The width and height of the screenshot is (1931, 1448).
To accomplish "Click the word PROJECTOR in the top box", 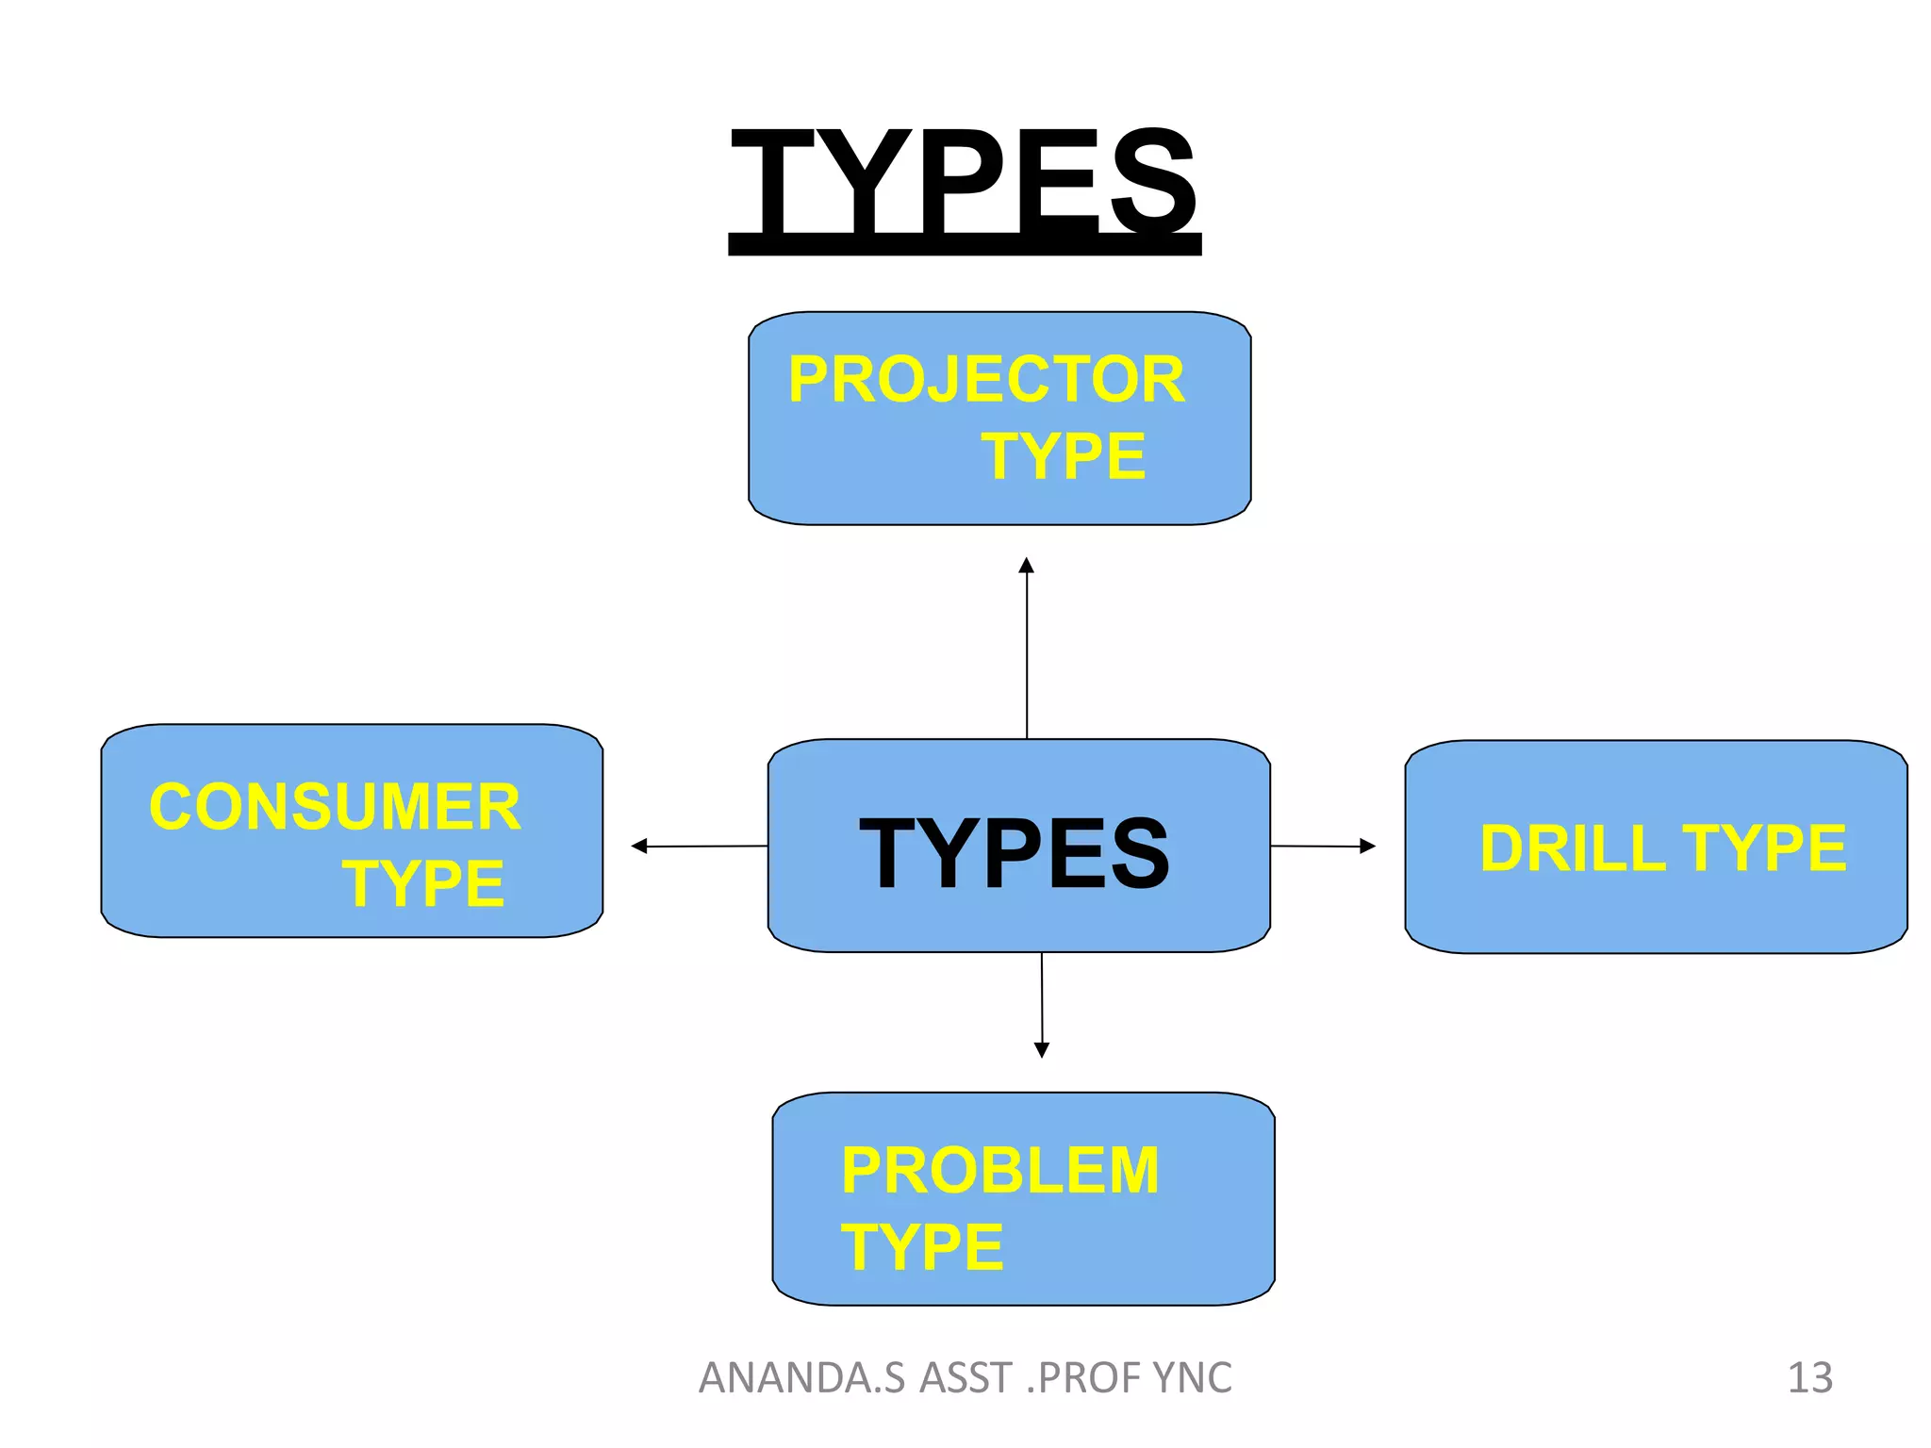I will [x=986, y=380].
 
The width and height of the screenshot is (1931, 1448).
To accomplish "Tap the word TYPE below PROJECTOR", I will [x=1063, y=457].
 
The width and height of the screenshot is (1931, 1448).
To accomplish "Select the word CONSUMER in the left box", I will [x=335, y=807].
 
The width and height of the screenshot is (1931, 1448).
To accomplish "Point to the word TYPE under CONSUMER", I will [x=423, y=884].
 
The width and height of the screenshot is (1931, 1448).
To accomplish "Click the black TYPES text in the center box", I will [x=1015, y=854].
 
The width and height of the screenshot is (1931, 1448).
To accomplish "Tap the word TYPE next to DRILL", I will [x=1763, y=848].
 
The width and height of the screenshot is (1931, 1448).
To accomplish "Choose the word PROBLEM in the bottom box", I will [x=999, y=1171].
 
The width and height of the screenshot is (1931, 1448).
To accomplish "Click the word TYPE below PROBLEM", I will [x=922, y=1247].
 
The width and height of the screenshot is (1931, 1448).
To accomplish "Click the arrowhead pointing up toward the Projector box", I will [x=1027, y=566].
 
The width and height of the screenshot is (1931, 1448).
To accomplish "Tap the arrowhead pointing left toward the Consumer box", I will [x=639, y=847].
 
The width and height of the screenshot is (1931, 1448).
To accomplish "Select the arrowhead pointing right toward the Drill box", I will [x=1368, y=847].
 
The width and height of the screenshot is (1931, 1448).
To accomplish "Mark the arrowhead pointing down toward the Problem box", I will [x=1042, y=1050].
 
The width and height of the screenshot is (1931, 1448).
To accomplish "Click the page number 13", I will [x=1809, y=1378].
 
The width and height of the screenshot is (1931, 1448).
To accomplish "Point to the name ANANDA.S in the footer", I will [x=802, y=1378].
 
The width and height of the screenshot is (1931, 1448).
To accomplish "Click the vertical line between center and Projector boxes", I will [x=1027, y=660].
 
